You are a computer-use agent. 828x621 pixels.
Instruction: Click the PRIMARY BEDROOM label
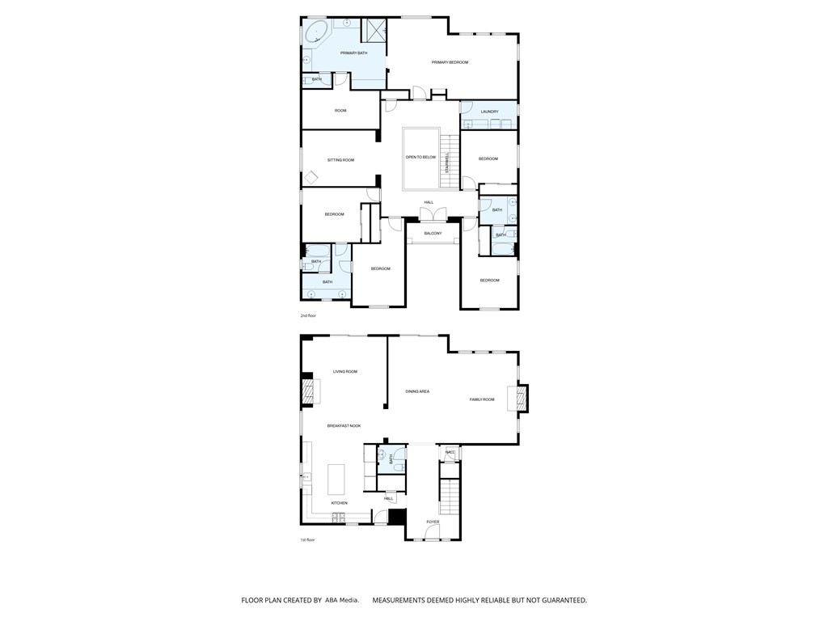(450, 62)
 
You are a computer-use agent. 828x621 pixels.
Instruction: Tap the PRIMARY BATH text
(353, 53)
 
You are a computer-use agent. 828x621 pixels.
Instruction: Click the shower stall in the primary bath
(374, 30)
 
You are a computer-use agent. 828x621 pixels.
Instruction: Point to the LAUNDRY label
(489, 112)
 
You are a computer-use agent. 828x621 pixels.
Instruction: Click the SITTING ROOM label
(340, 160)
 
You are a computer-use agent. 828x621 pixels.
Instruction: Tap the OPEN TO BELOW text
(420, 157)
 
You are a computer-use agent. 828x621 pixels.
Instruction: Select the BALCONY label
(433, 233)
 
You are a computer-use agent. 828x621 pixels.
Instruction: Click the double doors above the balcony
(433, 213)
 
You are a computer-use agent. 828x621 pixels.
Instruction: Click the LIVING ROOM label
(345, 372)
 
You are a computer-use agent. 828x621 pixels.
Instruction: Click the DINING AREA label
(417, 391)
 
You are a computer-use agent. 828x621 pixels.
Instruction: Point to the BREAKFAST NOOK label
(344, 425)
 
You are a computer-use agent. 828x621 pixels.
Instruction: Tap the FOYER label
(433, 522)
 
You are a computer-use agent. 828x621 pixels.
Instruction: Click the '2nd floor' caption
(307, 315)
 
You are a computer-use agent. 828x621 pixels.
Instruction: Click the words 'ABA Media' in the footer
(342, 601)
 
